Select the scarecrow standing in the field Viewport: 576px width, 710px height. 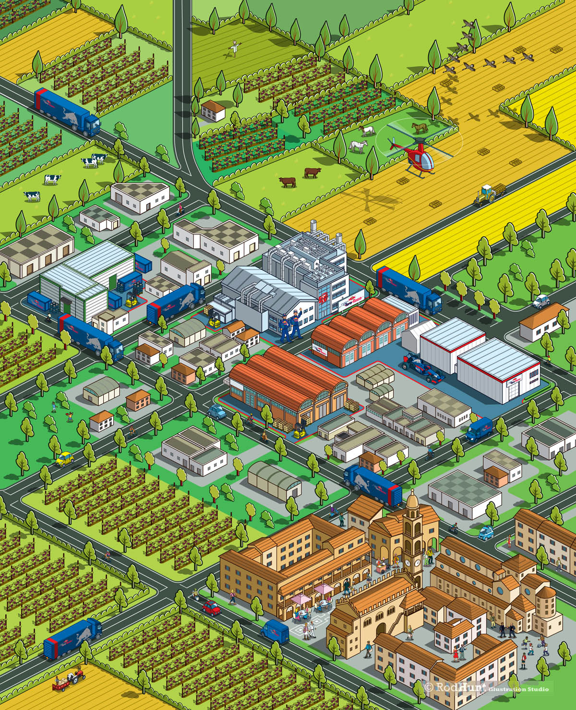[234, 48]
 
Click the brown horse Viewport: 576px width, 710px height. [420, 127]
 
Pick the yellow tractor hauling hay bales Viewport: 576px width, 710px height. [486, 195]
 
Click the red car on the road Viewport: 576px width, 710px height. [211, 607]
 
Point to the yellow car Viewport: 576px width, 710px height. [64, 458]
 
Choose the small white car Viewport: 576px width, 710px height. [540, 301]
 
